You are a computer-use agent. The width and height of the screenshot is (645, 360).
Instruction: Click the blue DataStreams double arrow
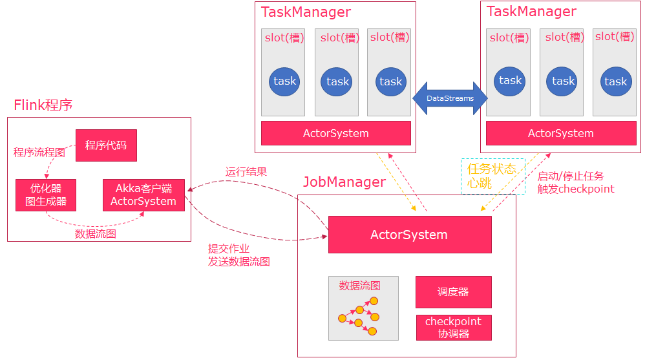click(450, 98)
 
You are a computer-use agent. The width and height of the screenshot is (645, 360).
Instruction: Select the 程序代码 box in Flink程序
click(106, 145)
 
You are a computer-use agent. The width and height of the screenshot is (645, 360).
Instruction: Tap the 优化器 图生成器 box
click(45, 195)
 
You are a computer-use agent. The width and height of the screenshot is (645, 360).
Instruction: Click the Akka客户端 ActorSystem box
click(143, 195)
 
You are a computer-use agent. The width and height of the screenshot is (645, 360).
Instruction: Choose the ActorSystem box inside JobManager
click(409, 234)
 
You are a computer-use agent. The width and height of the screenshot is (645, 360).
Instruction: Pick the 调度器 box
click(453, 292)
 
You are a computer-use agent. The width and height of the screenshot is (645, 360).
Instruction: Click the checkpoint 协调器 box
click(453, 328)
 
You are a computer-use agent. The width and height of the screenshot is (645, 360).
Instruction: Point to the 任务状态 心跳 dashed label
click(492, 176)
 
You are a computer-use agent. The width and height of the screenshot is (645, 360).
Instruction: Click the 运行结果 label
click(246, 172)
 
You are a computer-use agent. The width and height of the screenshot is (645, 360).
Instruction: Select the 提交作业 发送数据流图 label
click(238, 255)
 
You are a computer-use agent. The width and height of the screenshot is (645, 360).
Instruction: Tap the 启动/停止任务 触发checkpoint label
click(575, 182)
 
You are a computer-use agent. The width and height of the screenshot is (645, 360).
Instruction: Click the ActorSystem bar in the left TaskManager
click(335, 133)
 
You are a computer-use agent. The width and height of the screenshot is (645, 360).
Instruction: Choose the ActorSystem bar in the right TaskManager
click(560, 133)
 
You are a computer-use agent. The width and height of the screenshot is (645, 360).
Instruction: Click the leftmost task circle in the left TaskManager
click(284, 81)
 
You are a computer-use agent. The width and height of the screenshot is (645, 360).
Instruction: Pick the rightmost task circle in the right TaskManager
click(615, 81)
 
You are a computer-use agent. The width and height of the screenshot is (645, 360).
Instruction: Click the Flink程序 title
click(43, 105)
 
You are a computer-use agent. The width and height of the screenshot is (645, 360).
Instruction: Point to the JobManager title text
click(344, 182)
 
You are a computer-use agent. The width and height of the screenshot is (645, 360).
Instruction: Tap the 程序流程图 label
click(39, 153)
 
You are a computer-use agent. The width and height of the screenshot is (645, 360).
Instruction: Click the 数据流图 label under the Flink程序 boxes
click(96, 234)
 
